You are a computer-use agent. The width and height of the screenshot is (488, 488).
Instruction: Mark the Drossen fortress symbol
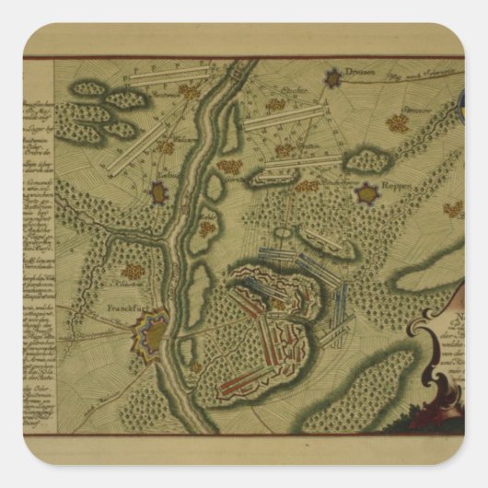point(332,80)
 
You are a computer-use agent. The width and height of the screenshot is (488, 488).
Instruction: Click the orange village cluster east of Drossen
point(399,122)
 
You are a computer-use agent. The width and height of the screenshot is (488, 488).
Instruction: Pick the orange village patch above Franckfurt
point(134,272)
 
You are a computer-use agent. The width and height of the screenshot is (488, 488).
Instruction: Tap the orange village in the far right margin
point(451,209)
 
